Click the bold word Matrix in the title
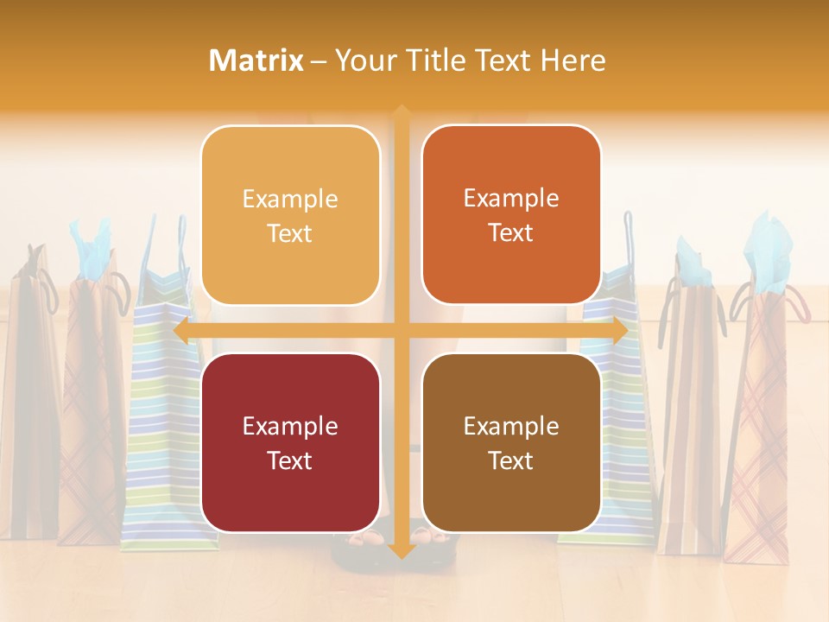coord(256,60)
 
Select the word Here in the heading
coord(573,60)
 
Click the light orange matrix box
coord(290,215)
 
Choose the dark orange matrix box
coord(511,215)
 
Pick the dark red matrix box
coord(290,442)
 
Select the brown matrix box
coord(511,442)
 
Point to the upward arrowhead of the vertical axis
coord(401,113)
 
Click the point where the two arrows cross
coord(401,331)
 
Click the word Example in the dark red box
coord(290,426)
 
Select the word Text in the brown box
coord(511,460)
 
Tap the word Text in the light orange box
coord(290,233)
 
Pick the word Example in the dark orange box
coord(511,198)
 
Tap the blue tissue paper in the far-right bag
coord(769,251)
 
